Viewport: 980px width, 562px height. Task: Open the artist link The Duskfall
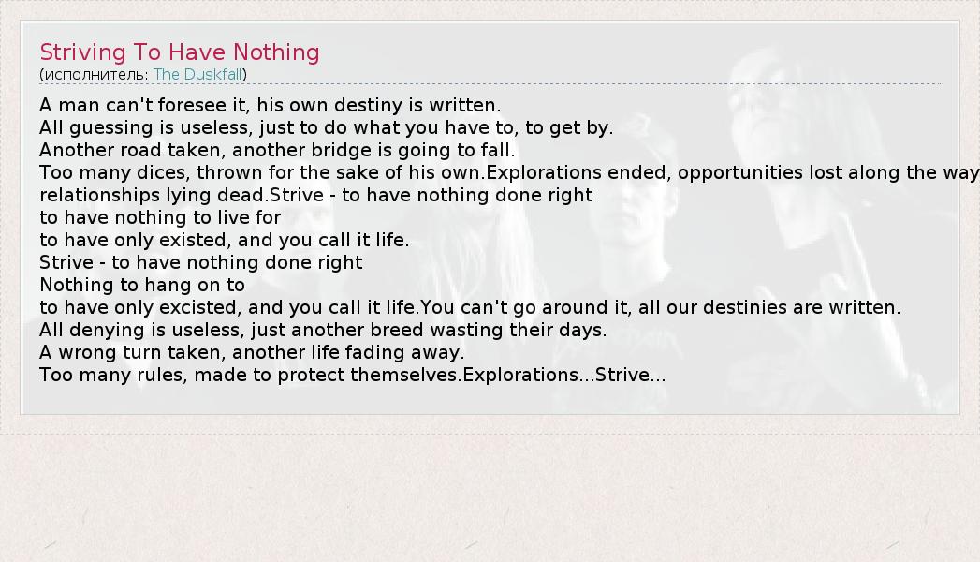pyautogui.click(x=197, y=74)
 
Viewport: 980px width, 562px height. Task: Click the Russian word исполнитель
pyautogui.click(x=96, y=75)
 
